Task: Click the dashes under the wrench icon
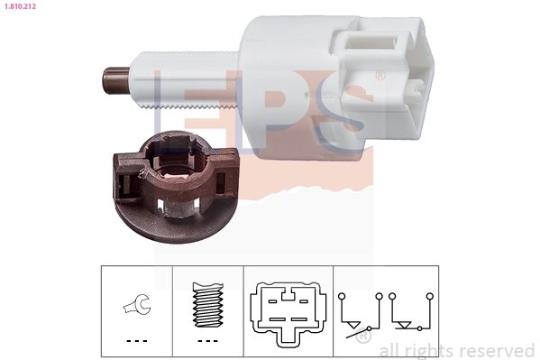[x=136, y=341]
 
